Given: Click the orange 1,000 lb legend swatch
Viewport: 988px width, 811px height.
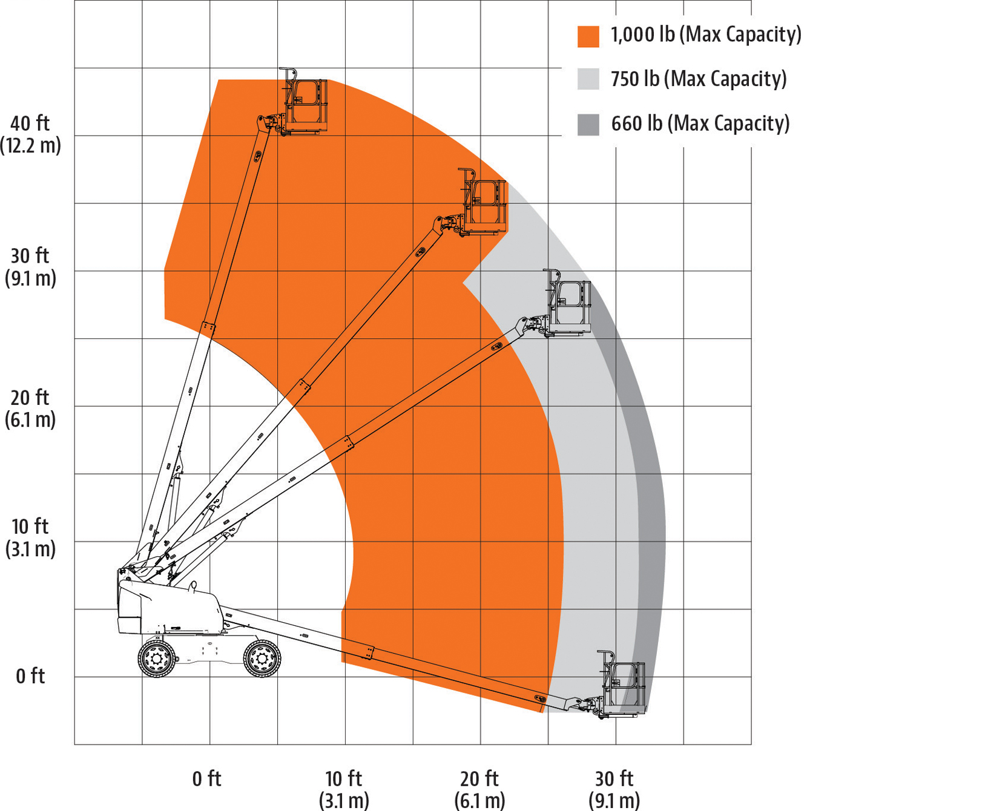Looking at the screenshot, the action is click(588, 36).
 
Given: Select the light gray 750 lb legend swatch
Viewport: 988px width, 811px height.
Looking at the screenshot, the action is click(588, 79).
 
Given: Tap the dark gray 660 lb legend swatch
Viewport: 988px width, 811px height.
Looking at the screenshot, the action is click(588, 124).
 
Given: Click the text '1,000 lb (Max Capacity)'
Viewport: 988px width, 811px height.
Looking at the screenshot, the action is click(706, 35).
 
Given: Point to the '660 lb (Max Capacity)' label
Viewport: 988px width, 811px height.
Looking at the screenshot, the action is click(700, 123).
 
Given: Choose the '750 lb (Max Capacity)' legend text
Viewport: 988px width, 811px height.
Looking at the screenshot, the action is click(699, 79).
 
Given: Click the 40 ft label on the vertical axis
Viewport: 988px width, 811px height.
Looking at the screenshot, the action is click(30, 134).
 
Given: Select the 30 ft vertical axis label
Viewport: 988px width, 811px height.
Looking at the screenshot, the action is click(30, 267).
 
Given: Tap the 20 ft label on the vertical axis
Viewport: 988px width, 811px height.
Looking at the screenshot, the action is click(30, 409).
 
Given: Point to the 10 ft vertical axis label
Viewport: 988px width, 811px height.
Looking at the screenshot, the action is click(30, 537).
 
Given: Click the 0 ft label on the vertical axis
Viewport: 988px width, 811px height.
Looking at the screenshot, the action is click(30, 676).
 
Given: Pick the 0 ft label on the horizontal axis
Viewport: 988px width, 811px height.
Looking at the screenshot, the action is click(207, 779).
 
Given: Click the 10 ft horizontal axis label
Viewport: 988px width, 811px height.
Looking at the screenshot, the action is click(344, 789).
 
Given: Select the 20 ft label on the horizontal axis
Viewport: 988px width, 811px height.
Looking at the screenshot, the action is click(479, 789).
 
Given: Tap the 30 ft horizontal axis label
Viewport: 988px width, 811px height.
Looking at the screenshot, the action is click(614, 789).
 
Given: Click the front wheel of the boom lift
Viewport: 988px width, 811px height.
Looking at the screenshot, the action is click(262, 658).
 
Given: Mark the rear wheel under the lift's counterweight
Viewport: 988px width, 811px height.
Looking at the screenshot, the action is click(157, 658).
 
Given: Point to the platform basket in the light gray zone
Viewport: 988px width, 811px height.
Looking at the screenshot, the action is click(568, 303).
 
